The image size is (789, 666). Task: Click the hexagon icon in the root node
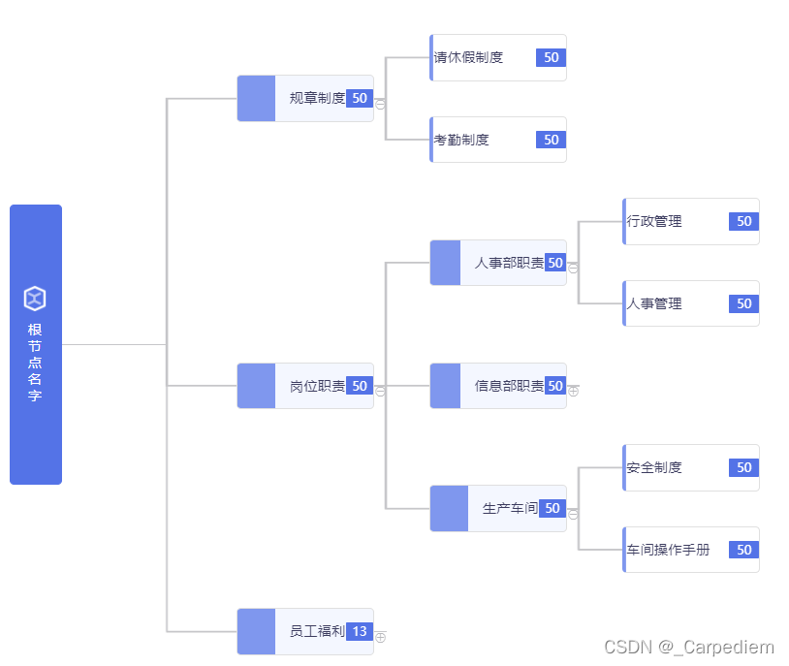[35, 299]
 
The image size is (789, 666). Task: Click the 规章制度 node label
[317, 98]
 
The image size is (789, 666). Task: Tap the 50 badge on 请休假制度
[551, 57]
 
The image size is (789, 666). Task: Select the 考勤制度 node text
[461, 140]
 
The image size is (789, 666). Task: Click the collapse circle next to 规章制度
[380, 104]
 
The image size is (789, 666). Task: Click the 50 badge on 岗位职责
[360, 386]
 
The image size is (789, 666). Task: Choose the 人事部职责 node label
[509, 263]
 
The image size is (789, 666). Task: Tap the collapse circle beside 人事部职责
[573, 268]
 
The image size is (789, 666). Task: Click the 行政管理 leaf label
[654, 221]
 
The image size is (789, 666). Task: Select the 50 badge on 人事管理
[743, 303]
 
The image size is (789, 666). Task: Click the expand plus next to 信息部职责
[573, 391]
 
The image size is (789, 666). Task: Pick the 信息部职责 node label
[509, 386]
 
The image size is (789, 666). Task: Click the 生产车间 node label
[510, 508]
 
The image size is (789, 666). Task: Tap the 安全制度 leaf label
[654, 467]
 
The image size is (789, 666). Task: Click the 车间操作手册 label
[668, 550]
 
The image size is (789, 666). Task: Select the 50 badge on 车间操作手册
[743, 550]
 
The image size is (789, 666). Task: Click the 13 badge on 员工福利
[360, 631]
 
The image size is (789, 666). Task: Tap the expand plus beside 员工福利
[380, 637]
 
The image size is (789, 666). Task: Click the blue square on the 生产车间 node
[445, 508]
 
